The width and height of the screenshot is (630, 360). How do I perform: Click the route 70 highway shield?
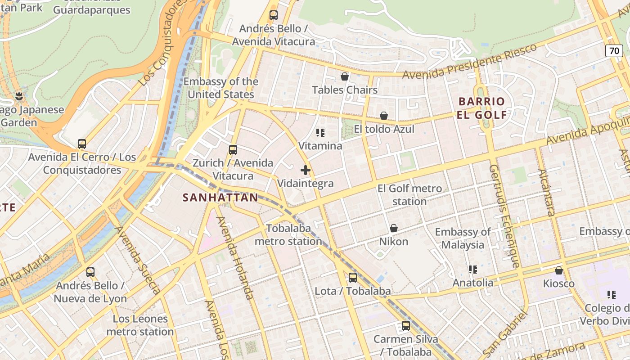coord(614,51)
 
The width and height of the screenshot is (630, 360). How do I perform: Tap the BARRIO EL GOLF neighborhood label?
coord(481,108)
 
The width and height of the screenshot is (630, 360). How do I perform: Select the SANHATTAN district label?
coord(220,197)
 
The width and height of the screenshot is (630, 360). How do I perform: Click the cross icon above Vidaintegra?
coord(306,170)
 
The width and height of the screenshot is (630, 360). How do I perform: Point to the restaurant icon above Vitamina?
coord(320,133)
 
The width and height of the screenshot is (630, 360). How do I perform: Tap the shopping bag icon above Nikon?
coord(394,228)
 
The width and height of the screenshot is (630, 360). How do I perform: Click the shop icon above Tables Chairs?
coord(345,76)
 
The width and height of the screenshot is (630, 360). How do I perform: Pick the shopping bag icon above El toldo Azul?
coord(384,116)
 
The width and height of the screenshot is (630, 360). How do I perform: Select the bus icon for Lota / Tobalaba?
coord(353,278)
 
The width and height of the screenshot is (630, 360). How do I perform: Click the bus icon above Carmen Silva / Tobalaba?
coord(406,326)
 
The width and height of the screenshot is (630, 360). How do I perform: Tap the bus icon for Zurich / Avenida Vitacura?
coord(233,150)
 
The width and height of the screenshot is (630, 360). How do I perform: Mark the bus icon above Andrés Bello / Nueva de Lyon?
coord(90,272)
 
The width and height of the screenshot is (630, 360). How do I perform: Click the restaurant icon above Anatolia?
coord(472,270)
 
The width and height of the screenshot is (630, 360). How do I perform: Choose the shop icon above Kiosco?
coord(559,270)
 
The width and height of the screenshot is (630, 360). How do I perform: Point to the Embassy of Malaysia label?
coord(463,238)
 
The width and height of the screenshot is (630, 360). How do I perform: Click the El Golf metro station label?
coord(409,195)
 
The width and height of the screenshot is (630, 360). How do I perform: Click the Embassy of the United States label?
coord(221,88)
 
